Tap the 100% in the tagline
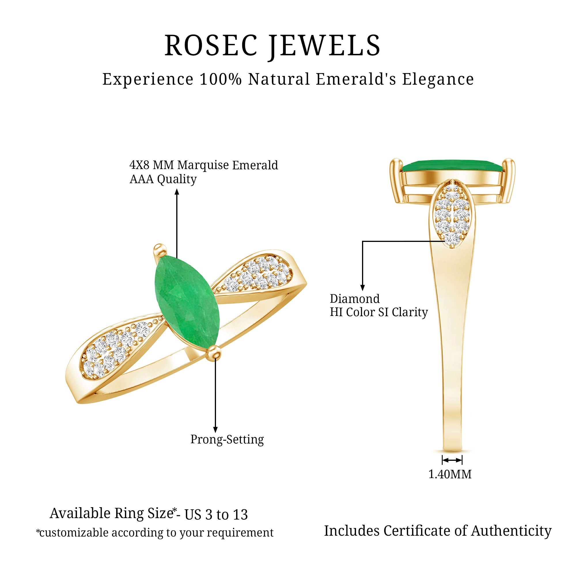pyautogui.click(x=220, y=79)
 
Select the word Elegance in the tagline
pyautogui.click(x=438, y=79)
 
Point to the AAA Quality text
pyautogui.click(x=163, y=179)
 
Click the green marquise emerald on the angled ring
pyautogui.click(x=187, y=301)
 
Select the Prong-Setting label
pyautogui.click(x=227, y=439)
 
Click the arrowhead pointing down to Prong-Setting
pyautogui.click(x=215, y=429)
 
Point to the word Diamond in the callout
pyautogui.click(x=355, y=299)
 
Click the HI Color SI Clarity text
pyautogui.click(x=379, y=312)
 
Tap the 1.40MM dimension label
pyautogui.click(x=450, y=474)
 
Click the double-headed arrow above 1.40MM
pyautogui.click(x=452, y=460)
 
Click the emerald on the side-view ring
pyautogui.click(x=452, y=166)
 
